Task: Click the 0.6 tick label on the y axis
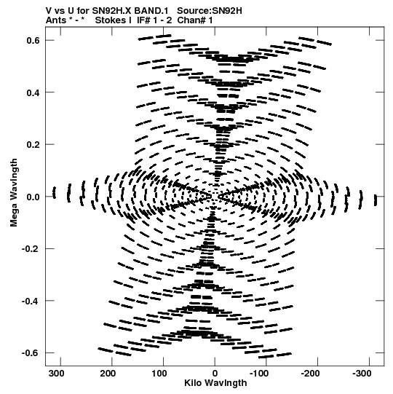(x=33, y=40)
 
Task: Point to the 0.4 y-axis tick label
(x=33, y=92)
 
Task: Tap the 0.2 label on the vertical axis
(x=33, y=145)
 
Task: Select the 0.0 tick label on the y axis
(x=33, y=197)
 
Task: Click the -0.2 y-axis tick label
(x=31, y=249)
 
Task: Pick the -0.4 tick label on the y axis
(x=31, y=301)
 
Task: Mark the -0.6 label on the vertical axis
(x=31, y=353)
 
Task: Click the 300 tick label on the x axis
(x=57, y=374)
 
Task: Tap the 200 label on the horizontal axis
(x=108, y=374)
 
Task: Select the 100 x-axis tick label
(x=159, y=374)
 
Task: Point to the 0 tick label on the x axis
(x=215, y=374)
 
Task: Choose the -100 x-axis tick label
(x=259, y=374)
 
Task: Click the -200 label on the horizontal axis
(x=310, y=374)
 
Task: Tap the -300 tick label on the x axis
(x=362, y=374)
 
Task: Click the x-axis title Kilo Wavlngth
(x=215, y=383)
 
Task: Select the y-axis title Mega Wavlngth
(x=14, y=193)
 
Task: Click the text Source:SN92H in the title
(x=210, y=11)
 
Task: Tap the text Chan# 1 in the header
(x=195, y=20)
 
